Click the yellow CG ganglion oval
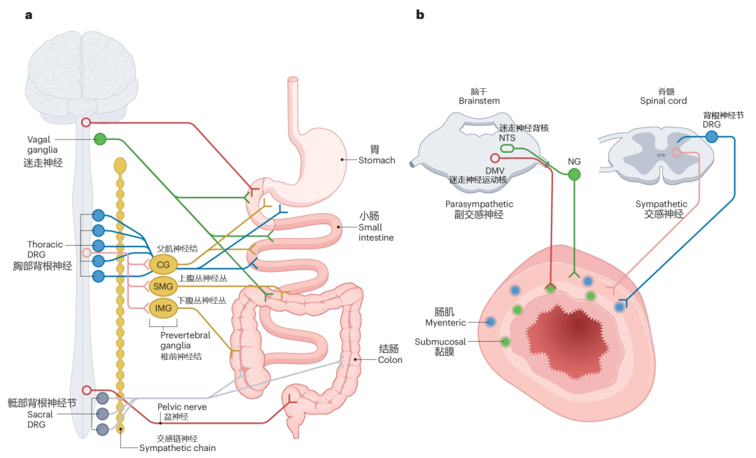(x=163, y=265)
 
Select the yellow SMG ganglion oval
(x=163, y=286)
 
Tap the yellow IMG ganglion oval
(x=163, y=308)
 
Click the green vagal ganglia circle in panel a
(x=100, y=139)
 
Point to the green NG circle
(x=574, y=174)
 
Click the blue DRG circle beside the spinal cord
(x=711, y=137)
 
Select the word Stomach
(x=377, y=160)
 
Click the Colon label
(x=390, y=360)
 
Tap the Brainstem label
(x=479, y=101)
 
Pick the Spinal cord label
(x=663, y=101)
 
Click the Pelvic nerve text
(x=182, y=407)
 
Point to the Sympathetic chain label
(x=177, y=448)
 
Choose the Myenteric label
(x=445, y=323)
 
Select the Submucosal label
(x=440, y=342)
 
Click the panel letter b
(x=420, y=15)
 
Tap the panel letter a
(x=29, y=15)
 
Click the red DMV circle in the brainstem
(x=495, y=158)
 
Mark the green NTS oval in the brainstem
(x=507, y=148)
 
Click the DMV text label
(x=495, y=171)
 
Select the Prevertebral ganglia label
(x=185, y=340)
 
